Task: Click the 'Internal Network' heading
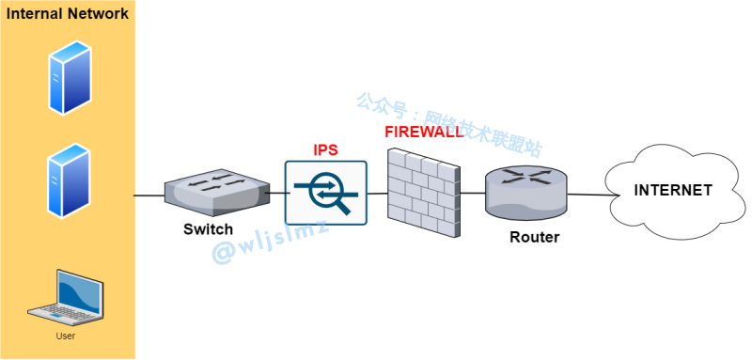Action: [68, 14]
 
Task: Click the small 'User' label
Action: [65, 336]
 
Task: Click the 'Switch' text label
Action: [208, 230]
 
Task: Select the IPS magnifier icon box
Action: [325, 193]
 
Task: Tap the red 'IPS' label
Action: [325, 150]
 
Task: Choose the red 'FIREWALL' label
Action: [423, 133]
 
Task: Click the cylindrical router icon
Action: [525, 192]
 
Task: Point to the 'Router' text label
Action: [534, 237]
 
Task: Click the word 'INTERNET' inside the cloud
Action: [673, 190]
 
